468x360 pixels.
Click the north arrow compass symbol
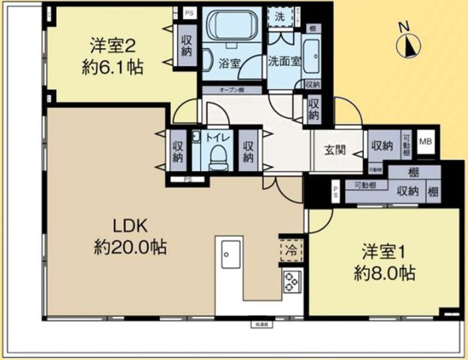[408, 43]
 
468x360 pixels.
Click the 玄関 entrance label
[335, 148]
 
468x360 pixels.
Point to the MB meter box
[425, 141]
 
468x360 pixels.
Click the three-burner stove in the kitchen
[290, 282]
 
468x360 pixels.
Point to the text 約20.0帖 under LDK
[130, 247]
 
